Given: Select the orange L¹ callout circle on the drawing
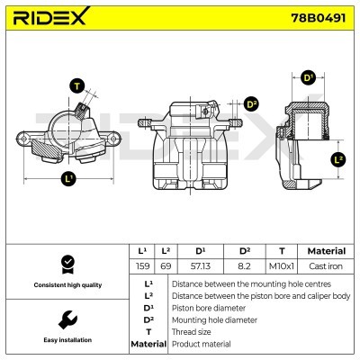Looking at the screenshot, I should pos(68,178).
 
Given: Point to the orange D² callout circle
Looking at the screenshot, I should pos(251,104).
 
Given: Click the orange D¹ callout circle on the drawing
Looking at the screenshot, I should pos(308,78).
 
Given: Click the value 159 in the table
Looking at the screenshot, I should pos(141,266).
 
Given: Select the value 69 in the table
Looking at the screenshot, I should pos(166,266).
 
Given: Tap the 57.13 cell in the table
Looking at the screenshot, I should pos(200,266).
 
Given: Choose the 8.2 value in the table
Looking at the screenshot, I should pos(244,266).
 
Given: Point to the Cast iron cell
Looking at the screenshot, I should pos(326,266).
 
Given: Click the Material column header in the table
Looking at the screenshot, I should pos(326,251).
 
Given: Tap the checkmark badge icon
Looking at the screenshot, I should pos(67,264).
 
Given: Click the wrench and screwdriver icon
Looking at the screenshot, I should pos(67,319).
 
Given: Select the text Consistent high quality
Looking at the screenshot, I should pos(67,285).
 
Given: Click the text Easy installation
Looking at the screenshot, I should pos(67,341).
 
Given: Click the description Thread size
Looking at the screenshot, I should pos(193,332).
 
